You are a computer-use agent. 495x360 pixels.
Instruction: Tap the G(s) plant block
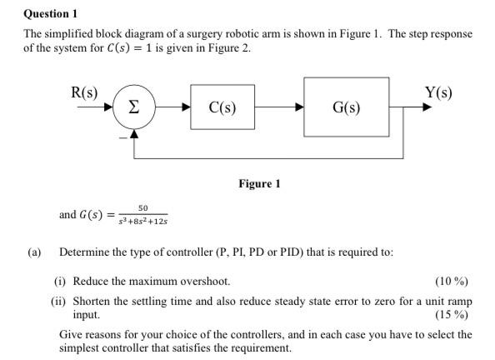coord(346,107)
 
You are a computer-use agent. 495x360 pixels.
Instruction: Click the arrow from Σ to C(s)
coord(174,107)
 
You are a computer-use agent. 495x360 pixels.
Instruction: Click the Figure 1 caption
coord(258,183)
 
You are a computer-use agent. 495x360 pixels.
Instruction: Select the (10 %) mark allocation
coord(451,280)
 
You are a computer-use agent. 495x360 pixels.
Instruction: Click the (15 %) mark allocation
coord(451,315)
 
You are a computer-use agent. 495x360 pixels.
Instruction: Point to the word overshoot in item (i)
coord(204,281)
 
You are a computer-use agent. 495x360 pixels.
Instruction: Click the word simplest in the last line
coord(79,347)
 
